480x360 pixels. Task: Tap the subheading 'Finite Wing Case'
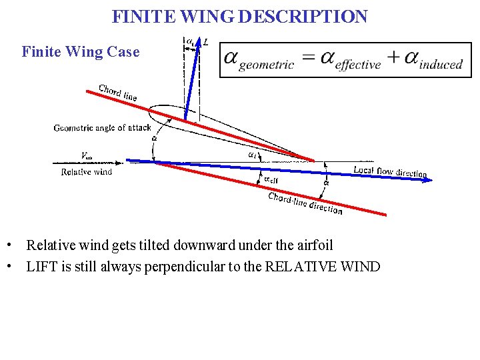pos(81,51)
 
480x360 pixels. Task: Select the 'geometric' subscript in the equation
pos(266,65)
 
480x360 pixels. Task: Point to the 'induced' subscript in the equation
pos(441,65)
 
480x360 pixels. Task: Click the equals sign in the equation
pos(307,58)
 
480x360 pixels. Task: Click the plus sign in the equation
pos(395,58)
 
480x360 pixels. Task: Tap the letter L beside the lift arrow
pos(206,42)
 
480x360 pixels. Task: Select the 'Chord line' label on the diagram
pos(118,92)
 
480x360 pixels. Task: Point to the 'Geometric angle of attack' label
pos(103,127)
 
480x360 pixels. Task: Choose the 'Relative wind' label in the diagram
pos(87,172)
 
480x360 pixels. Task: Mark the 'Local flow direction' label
pos(390,172)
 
